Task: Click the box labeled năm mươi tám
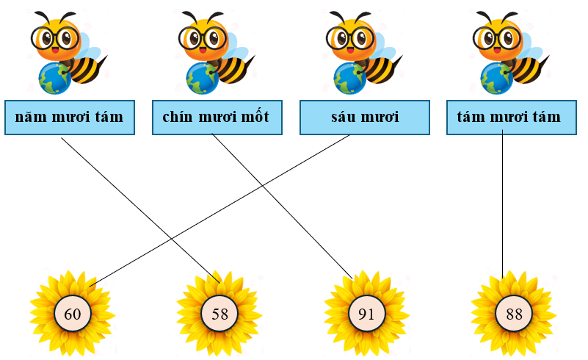[x=70, y=118]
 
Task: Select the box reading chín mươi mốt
[x=217, y=118]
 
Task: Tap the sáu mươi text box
[x=364, y=118]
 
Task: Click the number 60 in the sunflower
[x=73, y=314]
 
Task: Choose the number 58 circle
[x=219, y=314]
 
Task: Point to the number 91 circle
[x=366, y=314]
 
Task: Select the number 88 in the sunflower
[x=513, y=314]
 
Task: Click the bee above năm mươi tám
[x=66, y=51]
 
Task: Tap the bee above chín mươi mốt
[x=213, y=51]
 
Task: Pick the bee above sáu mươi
[x=360, y=51]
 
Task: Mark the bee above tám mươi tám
[x=507, y=51]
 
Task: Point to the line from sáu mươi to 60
[x=220, y=209]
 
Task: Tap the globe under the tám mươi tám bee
[x=496, y=77]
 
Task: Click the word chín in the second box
[x=177, y=118]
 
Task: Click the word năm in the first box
[x=29, y=118]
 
